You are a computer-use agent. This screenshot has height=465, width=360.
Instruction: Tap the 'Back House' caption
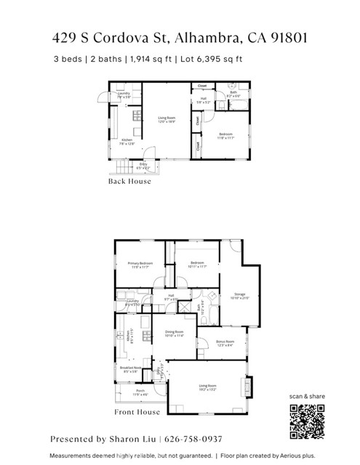click(129, 181)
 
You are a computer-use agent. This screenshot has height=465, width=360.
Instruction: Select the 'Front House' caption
click(137, 412)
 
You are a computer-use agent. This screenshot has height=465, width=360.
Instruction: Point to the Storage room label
click(239, 296)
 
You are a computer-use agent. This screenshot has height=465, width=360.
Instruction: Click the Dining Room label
click(174, 333)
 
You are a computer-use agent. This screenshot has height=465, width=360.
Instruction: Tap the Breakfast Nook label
click(129, 369)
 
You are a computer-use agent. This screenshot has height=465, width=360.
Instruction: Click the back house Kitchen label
click(126, 142)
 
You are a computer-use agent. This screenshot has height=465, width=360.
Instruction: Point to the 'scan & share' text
click(306, 395)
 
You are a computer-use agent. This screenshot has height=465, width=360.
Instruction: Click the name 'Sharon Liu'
click(131, 440)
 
